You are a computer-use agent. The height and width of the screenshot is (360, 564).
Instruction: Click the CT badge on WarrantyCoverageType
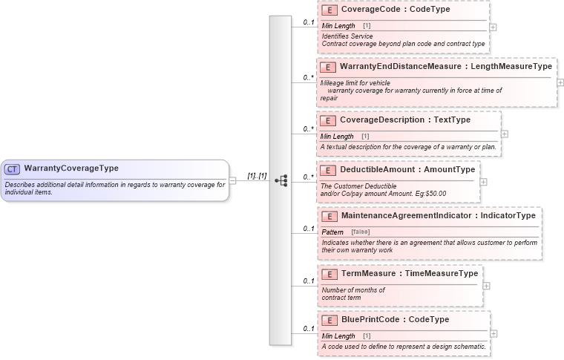[x=13, y=168]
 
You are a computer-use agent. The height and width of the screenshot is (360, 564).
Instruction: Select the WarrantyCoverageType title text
[x=71, y=168]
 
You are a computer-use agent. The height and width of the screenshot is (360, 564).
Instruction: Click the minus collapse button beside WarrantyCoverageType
[x=232, y=180]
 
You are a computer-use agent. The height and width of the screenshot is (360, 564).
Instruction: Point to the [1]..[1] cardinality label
[x=257, y=176]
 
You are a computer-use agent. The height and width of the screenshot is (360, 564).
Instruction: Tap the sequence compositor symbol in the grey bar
[x=281, y=180]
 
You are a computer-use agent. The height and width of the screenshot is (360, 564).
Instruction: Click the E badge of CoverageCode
[x=329, y=10]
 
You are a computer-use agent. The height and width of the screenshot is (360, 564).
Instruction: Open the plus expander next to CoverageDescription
[x=505, y=134]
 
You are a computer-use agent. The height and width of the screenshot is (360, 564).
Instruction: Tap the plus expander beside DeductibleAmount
[x=484, y=181]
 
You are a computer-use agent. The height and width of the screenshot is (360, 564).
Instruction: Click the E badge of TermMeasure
[x=329, y=274]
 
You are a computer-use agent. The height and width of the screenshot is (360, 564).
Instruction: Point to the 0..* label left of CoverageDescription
[x=308, y=129]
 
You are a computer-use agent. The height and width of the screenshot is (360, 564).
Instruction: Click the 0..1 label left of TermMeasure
[x=308, y=281]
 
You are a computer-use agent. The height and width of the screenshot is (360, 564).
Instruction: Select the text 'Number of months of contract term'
[x=353, y=293]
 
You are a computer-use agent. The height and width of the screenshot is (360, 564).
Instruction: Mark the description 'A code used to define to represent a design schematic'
[x=404, y=347]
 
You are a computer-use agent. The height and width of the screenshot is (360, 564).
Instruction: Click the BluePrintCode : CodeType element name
[x=395, y=320]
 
